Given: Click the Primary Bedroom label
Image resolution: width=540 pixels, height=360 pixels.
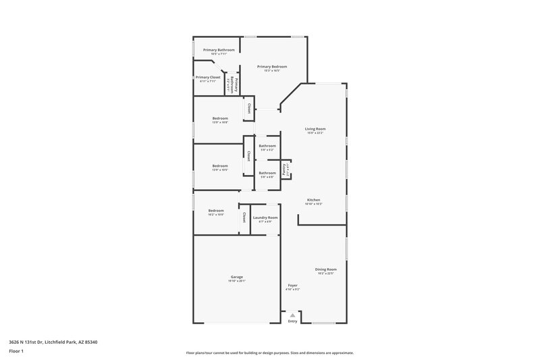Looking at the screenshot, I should (272, 66).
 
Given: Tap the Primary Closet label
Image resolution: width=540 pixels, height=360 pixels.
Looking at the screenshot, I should (208, 78).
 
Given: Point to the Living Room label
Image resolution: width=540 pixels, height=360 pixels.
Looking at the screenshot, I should (315, 128).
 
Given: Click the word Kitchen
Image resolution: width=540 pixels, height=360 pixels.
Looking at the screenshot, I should (314, 200).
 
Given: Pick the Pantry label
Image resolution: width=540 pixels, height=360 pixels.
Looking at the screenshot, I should (284, 169).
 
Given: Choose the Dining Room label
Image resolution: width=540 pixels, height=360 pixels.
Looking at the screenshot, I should (325, 269).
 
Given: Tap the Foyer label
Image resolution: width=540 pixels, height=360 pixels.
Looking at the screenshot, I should (292, 285).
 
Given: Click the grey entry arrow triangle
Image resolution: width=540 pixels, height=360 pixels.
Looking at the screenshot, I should (292, 315).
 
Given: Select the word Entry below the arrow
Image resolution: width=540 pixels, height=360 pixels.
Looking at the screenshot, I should (292, 321).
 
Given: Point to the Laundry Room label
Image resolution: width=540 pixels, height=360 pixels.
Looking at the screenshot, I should (265, 217).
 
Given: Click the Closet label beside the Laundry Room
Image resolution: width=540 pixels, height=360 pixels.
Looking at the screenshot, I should (244, 217).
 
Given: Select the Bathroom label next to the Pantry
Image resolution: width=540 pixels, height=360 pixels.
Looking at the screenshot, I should (267, 173).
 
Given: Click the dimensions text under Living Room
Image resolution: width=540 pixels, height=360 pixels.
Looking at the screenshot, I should (315, 133).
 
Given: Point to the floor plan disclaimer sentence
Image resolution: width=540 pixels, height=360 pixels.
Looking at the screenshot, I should (270, 353).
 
